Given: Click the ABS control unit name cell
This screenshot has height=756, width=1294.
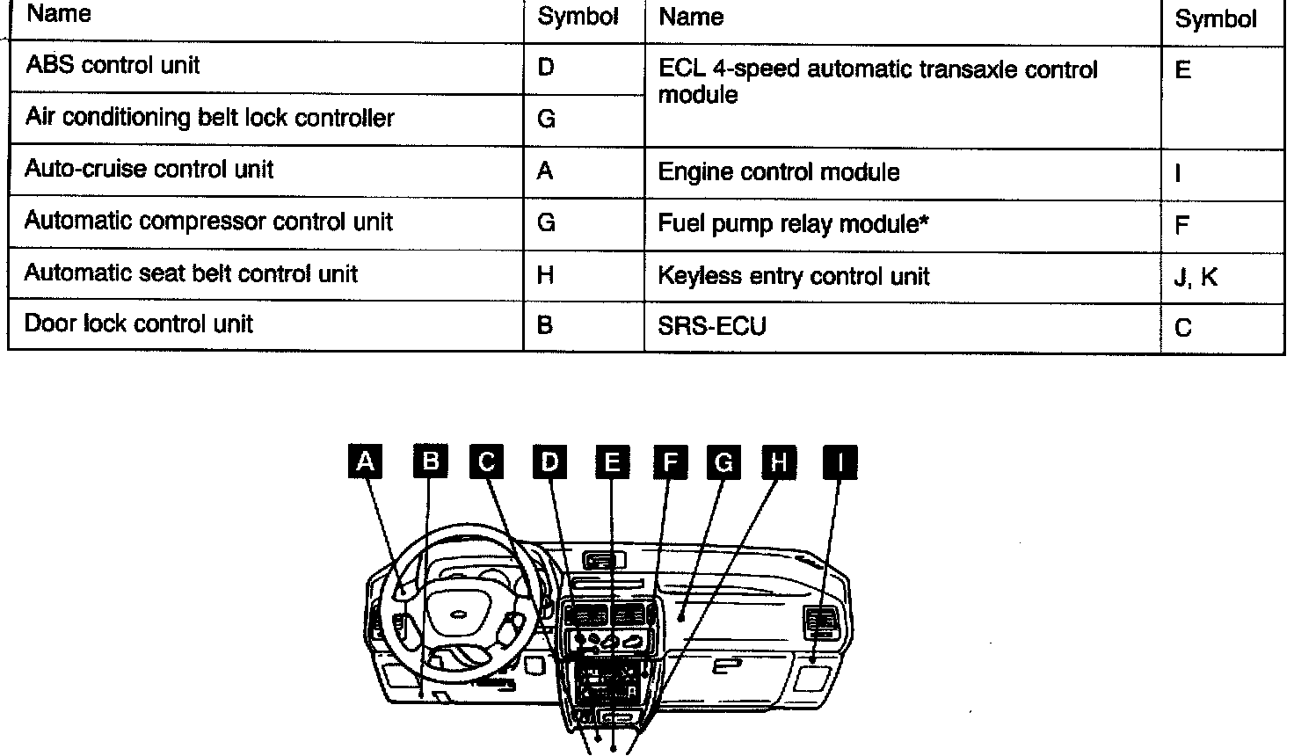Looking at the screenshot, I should [113, 66].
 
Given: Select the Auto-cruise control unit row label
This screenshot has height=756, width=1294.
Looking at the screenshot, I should [149, 170].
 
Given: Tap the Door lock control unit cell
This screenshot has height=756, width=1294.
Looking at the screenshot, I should [139, 324].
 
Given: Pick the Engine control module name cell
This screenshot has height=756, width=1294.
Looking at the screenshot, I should [779, 172].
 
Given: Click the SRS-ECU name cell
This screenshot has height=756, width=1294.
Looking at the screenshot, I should [712, 327].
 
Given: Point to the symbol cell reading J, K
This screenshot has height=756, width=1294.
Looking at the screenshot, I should [1196, 278].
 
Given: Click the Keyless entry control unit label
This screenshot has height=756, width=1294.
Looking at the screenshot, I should [794, 277].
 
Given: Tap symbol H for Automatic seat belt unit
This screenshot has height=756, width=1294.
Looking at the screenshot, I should [545, 275].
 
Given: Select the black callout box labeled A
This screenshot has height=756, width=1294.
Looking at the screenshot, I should [366, 462].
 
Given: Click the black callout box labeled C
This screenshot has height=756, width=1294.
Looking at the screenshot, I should [487, 462].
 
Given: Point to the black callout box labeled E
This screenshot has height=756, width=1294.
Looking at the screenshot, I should [612, 462].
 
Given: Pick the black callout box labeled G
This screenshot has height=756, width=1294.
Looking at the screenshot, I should [724, 462].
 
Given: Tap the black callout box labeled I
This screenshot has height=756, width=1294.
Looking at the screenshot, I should [840, 462].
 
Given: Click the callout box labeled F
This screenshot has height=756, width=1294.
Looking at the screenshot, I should [670, 462].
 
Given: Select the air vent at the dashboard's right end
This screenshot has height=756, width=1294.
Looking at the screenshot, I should [821, 623].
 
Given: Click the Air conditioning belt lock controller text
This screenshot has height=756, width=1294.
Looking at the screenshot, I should [210, 118].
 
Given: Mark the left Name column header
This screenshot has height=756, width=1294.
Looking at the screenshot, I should [59, 15].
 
